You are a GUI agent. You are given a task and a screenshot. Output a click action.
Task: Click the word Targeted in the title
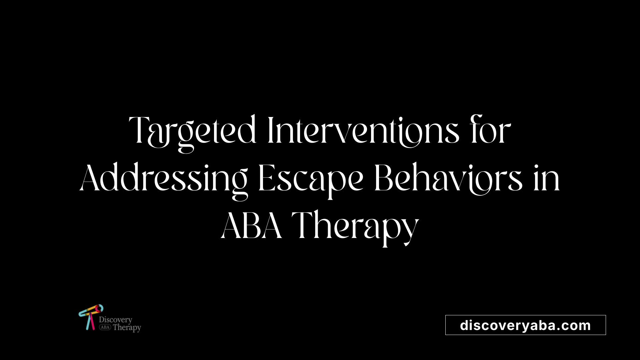192,131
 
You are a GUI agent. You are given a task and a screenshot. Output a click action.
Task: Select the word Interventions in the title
363,131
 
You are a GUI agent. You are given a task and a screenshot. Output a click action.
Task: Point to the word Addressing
163,179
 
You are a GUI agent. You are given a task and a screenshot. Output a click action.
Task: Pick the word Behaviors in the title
448,179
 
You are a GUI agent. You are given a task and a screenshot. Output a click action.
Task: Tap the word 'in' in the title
547,179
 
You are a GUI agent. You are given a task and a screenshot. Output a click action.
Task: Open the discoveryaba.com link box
525,325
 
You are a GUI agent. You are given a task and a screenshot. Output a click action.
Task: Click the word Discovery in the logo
115,320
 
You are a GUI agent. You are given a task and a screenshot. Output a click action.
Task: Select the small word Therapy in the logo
127,328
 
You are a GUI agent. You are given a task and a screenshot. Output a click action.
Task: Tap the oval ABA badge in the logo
105,327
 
